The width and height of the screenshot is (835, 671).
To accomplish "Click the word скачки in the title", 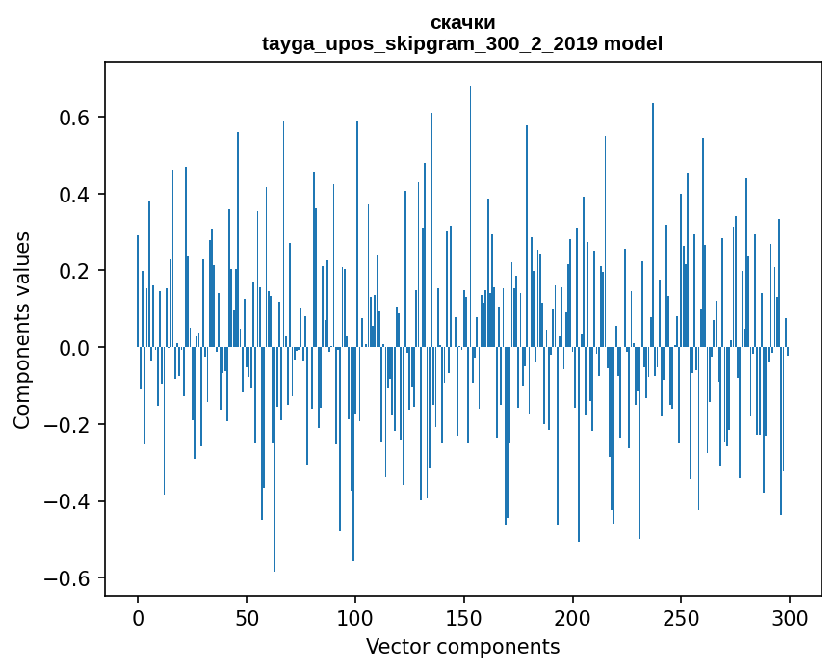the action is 462,23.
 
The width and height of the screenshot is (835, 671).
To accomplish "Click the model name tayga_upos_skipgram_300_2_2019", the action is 430,43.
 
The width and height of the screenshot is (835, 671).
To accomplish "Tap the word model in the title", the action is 633,43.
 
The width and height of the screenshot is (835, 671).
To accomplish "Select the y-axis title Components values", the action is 22,331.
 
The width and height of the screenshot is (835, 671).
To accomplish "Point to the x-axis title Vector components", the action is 462,647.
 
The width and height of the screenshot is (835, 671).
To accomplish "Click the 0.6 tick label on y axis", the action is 74,118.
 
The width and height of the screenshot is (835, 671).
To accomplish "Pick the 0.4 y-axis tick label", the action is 74,194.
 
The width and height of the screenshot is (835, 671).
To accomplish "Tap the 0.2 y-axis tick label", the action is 74,271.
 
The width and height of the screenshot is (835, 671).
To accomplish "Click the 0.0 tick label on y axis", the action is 74,348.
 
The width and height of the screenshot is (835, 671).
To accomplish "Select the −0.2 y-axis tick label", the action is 66,425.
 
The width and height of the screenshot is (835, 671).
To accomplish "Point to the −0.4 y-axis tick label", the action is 66,501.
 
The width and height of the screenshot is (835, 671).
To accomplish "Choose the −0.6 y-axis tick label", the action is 66,578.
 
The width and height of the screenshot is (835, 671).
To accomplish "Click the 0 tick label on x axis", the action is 138,618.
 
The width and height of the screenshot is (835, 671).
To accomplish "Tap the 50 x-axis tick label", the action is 247,618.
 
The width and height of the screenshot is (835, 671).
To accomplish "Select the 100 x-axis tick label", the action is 355,618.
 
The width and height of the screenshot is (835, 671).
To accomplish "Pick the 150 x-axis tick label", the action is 464,618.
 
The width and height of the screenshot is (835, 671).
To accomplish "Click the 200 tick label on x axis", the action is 572,618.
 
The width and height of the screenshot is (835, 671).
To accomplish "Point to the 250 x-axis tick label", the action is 681,618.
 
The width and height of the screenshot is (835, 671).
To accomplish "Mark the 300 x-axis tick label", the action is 790,618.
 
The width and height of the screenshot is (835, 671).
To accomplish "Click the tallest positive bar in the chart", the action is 470,216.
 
